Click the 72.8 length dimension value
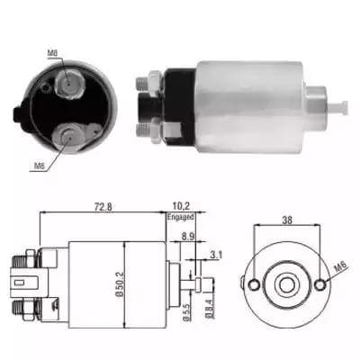point(103,207)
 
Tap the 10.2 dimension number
point(181,206)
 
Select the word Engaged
point(180,217)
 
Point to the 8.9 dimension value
point(188,236)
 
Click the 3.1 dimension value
point(216,255)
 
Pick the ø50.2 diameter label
point(120,285)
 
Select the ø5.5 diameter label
point(185,312)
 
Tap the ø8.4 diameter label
point(208,308)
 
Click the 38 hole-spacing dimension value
point(287,220)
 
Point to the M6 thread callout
point(340,266)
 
